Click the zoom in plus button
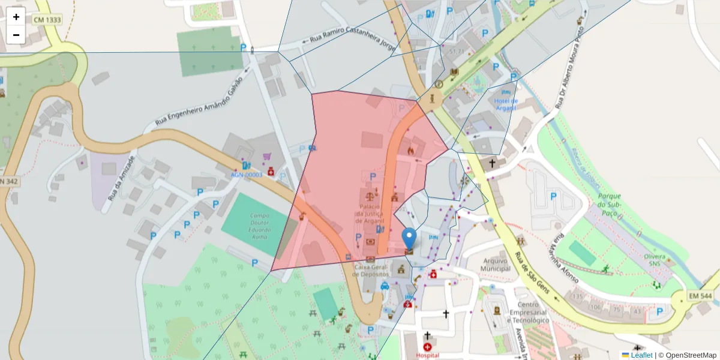(16, 17)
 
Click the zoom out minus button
(16, 35)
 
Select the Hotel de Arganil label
(506, 104)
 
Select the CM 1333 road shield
(47, 20)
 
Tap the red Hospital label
(427, 355)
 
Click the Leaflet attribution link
(641, 355)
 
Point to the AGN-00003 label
(247, 175)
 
